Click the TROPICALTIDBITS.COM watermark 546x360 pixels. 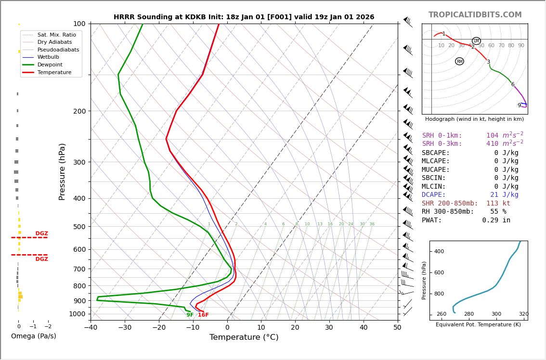point(475,15)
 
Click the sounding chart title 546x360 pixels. point(244,17)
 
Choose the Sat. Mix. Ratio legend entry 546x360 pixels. point(56,35)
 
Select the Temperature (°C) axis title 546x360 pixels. point(244,337)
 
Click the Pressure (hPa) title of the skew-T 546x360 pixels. point(62,171)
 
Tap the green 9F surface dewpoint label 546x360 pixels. point(190,315)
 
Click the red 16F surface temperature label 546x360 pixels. point(203,315)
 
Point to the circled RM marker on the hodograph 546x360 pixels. point(459,61)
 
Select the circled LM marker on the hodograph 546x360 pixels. point(476,41)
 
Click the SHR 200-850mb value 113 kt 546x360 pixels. point(498,204)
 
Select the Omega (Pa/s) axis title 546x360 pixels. point(33,336)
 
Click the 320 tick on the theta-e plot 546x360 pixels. point(523,314)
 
